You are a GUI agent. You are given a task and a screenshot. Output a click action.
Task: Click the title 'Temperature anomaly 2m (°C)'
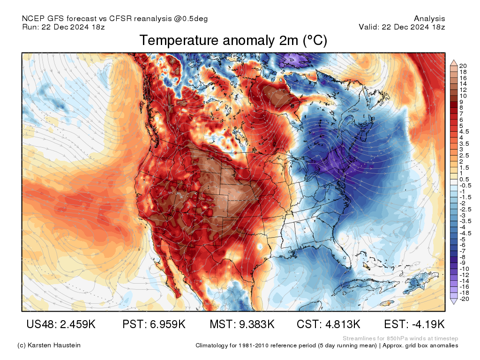tap(233, 41)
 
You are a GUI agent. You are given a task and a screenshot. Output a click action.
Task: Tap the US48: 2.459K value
tap(61, 324)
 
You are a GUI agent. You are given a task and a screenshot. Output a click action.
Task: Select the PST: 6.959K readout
tap(154, 324)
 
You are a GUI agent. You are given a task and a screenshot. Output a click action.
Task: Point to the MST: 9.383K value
tap(241, 324)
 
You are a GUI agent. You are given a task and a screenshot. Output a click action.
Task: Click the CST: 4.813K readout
tap(328, 324)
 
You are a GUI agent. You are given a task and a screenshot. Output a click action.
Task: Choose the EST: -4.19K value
tap(414, 324)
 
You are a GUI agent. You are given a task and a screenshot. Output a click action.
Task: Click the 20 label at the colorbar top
tap(463, 66)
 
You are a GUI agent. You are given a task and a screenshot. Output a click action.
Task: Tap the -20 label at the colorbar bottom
tap(464, 299)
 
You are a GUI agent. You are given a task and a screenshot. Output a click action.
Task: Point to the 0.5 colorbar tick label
tap(464, 180)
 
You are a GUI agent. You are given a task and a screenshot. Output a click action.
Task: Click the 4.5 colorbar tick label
tap(464, 132)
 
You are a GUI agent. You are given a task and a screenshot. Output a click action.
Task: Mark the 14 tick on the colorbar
tap(463, 83)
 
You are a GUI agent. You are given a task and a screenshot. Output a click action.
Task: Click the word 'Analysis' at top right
tap(429, 19)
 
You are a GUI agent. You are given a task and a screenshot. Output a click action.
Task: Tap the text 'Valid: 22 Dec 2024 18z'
tap(402, 27)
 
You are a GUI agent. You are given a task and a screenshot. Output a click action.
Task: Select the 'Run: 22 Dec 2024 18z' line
tap(63, 27)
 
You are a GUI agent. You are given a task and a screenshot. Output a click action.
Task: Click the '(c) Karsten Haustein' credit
tap(49, 345)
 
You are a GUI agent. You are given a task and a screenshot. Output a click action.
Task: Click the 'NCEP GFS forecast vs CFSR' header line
tap(115, 19)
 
